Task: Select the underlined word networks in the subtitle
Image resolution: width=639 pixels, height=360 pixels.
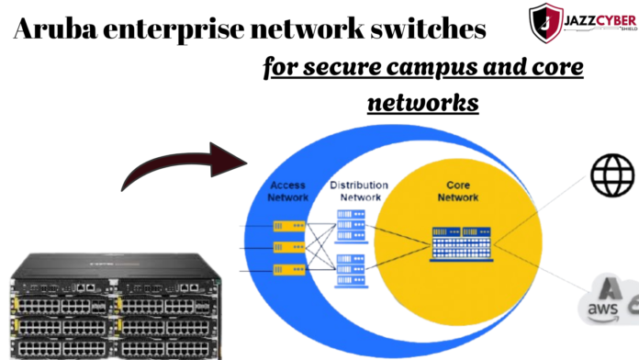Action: coord(422,103)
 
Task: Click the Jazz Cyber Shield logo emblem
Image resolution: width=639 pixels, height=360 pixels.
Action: coord(547,22)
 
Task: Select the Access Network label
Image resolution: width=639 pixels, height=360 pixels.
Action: coord(287,190)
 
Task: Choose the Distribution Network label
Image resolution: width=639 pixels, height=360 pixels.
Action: coord(359,190)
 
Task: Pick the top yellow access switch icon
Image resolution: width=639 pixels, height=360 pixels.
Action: coord(287,226)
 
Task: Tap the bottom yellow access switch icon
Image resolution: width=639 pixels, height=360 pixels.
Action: coord(287,269)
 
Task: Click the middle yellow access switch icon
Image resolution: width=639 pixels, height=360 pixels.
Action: coord(287,247)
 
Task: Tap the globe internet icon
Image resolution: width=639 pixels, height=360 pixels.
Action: coord(612,175)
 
